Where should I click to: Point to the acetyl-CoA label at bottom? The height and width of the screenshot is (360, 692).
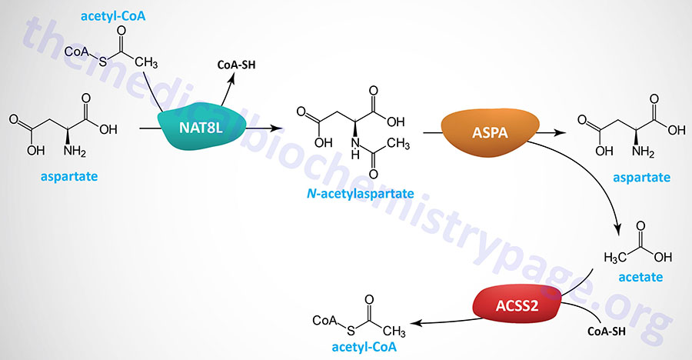(365, 347)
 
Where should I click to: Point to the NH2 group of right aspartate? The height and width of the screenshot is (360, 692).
(660, 151)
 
